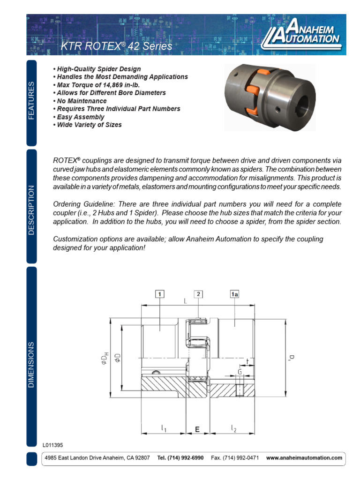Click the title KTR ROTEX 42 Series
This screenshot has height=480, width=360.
click(117, 46)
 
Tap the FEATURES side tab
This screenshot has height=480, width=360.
click(31, 100)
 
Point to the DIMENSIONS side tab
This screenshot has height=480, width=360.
click(31, 364)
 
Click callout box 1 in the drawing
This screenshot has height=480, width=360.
click(160, 294)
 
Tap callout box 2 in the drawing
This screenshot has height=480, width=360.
click(199, 294)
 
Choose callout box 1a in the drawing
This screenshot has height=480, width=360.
click(234, 294)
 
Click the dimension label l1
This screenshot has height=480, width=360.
click(164, 428)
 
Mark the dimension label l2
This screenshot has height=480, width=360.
click(233, 428)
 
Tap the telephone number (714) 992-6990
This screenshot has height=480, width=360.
click(180, 457)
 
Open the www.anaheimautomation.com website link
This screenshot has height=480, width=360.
click(304, 457)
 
